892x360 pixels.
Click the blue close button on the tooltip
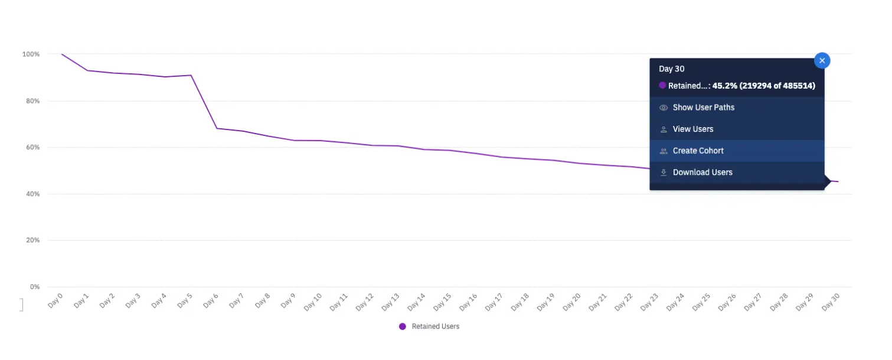click(x=822, y=60)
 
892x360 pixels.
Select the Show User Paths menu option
click(x=703, y=108)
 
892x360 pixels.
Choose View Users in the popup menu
click(x=692, y=129)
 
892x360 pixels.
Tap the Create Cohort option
click(x=698, y=151)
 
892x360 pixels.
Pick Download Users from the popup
click(x=702, y=172)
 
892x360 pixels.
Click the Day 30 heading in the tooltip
click(x=672, y=69)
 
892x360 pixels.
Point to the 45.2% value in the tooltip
click(x=724, y=86)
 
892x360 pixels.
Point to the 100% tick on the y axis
click(x=31, y=54)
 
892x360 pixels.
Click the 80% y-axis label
click(x=32, y=101)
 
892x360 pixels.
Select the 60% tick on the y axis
click(x=32, y=147)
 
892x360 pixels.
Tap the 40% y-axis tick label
click(x=32, y=194)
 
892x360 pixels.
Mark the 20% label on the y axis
click(x=32, y=241)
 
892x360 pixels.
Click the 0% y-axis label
click(x=34, y=287)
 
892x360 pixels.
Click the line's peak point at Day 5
click(x=191, y=75)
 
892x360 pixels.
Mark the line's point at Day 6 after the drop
click(x=217, y=128)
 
